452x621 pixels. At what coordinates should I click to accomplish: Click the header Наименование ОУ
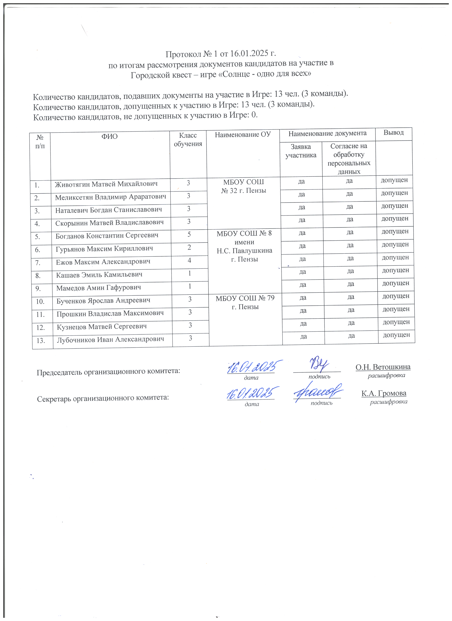243,134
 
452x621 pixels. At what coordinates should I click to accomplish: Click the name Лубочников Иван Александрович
111,340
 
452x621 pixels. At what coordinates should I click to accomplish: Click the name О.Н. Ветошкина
383,367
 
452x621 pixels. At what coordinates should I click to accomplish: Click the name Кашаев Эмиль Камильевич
99,275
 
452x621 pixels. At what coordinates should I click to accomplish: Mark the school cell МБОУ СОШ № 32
244,186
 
